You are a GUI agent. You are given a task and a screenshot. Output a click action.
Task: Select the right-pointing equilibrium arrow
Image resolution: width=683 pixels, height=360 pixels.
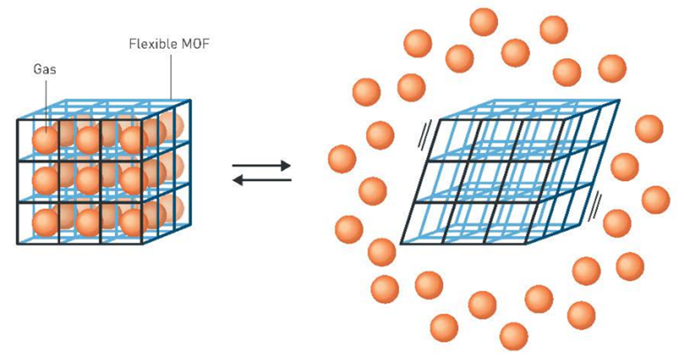click(x=262, y=164)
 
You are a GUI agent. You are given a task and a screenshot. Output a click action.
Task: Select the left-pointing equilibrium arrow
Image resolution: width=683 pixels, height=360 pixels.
click(x=262, y=179)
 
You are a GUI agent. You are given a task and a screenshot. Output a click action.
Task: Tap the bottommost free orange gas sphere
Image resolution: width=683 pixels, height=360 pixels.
click(x=514, y=336)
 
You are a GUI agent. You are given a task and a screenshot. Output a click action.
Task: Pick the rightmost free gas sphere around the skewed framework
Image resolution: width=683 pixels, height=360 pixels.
click(x=655, y=199)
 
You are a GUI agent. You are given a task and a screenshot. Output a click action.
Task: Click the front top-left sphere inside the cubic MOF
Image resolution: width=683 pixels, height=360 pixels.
click(x=46, y=140)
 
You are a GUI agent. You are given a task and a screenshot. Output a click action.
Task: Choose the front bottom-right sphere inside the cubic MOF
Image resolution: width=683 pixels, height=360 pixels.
click(x=132, y=222)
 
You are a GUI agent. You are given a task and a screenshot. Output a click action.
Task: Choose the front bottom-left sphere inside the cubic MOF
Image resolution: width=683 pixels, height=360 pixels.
click(x=46, y=222)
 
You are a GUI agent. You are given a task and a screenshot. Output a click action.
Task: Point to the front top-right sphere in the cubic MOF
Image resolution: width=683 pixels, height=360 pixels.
click(x=132, y=140)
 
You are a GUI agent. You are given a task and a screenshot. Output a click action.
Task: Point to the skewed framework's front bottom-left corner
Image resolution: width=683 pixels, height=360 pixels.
click(x=400, y=244)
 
